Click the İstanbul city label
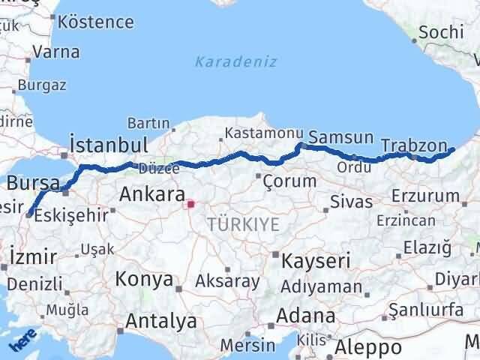(108, 144)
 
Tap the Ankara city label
(152, 196)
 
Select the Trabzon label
(414, 144)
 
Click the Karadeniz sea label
(236, 61)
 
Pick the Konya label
(144, 280)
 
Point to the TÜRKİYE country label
(244, 223)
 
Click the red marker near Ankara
(191, 203)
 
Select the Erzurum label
(425, 196)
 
